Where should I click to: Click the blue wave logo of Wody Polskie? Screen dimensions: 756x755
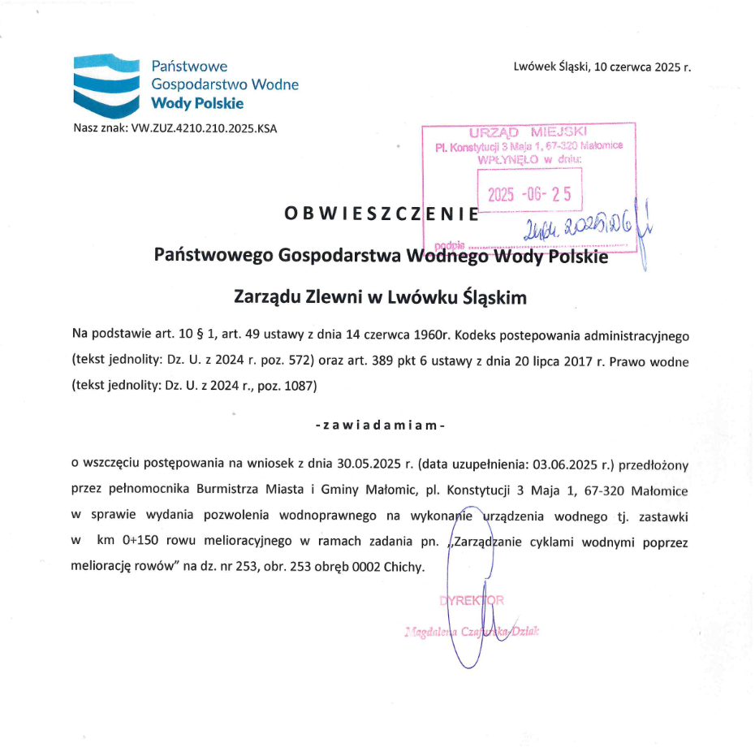tap(106, 85)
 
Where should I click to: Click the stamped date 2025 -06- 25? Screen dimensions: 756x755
tap(529, 193)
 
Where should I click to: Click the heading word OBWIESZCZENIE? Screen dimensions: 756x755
tap(382, 214)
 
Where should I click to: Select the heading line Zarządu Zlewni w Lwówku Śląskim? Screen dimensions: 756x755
tap(380, 297)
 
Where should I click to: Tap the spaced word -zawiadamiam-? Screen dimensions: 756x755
tap(380, 425)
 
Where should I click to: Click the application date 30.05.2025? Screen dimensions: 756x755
tap(369, 465)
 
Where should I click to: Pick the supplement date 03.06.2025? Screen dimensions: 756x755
tap(565, 465)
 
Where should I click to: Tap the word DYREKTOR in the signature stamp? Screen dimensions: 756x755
tap(472, 601)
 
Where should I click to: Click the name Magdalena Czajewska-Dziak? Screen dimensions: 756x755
tap(472, 631)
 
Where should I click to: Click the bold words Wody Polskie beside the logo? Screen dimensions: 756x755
tap(197, 103)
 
